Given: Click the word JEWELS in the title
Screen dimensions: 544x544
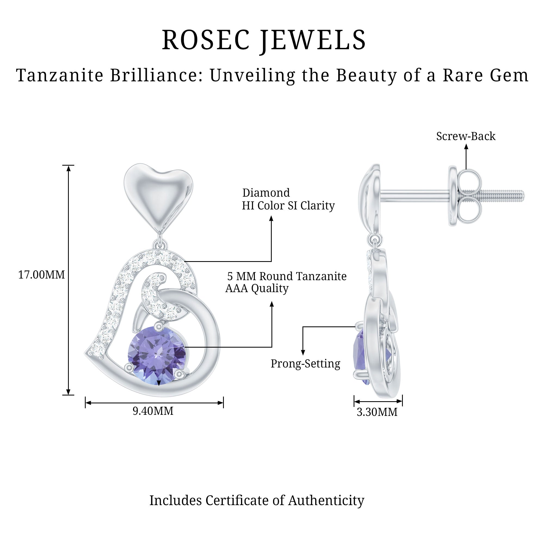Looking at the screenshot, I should click(x=313, y=40).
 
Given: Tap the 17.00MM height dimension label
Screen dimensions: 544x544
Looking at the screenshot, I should click(x=41, y=275).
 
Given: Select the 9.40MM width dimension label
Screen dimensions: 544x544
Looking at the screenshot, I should click(x=153, y=411).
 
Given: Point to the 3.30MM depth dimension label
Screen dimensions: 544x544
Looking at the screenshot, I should click(x=377, y=412).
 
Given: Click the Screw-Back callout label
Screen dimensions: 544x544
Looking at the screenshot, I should click(x=466, y=136).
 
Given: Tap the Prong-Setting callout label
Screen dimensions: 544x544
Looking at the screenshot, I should click(x=305, y=363).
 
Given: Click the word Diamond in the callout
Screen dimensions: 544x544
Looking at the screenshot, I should click(x=266, y=193).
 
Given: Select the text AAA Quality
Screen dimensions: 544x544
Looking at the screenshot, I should click(x=257, y=288).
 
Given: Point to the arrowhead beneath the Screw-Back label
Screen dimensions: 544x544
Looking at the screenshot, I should click(x=466, y=147).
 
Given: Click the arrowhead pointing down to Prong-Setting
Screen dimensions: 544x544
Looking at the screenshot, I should click(x=303, y=352).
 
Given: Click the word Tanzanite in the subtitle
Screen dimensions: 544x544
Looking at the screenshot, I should click(x=60, y=75).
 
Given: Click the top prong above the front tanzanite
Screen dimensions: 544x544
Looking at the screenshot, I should click(x=159, y=326).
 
